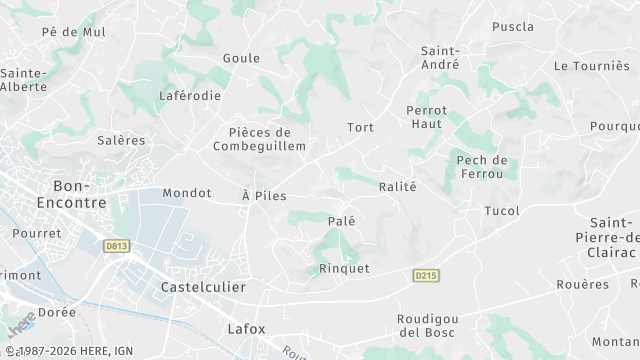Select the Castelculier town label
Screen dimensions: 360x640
[x=203, y=287]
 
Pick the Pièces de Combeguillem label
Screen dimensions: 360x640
[x=252, y=139]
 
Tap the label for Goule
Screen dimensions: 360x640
[x=241, y=58]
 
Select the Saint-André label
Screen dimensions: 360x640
[x=440, y=57]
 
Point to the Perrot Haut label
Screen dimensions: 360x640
[x=427, y=116]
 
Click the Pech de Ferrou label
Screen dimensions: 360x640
[x=482, y=167]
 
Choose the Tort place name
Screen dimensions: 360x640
[x=360, y=127]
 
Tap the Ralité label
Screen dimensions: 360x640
[x=397, y=186]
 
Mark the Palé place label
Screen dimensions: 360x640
[x=342, y=220]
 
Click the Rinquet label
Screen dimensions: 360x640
[x=344, y=268]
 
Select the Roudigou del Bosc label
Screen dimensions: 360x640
[x=426, y=325]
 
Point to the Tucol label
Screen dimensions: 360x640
[x=502, y=211]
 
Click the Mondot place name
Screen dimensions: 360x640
[x=187, y=193]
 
